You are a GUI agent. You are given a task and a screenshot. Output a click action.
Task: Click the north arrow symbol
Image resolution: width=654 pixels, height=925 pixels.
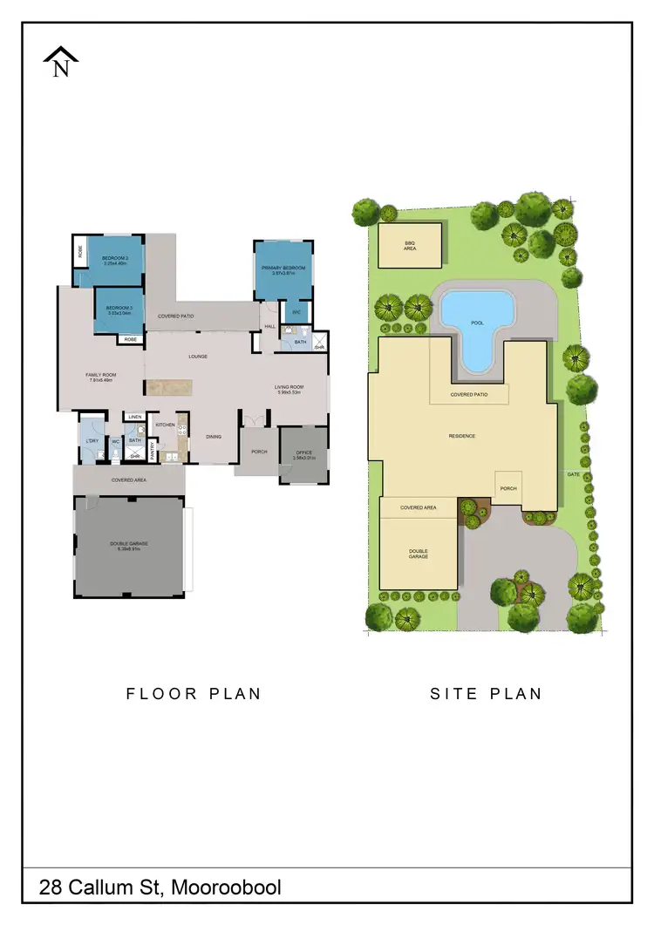click(61, 63)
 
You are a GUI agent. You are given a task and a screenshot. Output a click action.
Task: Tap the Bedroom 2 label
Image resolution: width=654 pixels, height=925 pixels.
click(115, 258)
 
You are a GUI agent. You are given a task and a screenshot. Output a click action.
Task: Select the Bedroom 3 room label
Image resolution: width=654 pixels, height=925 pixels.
click(119, 308)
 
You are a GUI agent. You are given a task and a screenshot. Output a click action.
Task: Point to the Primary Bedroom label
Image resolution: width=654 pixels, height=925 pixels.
click(283, 268)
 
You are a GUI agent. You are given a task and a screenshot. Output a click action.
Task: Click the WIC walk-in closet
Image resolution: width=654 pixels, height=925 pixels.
click(296, 311)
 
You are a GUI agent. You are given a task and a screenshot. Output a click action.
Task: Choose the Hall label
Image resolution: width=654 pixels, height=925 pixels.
click(269, 327)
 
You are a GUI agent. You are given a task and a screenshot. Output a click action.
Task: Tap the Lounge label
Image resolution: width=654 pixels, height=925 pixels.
click(197, 357)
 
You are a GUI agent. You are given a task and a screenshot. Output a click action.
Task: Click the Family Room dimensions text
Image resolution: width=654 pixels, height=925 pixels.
click(102, 380)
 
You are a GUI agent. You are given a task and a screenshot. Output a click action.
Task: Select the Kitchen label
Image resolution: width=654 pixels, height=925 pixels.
click(166, 425)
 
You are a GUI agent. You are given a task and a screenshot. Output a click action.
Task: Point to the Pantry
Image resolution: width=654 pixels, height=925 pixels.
click(153, 450)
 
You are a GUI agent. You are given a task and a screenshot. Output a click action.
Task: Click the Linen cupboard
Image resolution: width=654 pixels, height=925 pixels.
click(134, 418)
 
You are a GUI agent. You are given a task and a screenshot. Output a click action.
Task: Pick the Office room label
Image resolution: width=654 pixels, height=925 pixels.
click(303, 452)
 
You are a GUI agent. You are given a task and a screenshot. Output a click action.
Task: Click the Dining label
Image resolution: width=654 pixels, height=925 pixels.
click(214, 436)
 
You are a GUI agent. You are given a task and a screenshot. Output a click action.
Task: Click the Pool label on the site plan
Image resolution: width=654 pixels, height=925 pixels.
click(477, 323)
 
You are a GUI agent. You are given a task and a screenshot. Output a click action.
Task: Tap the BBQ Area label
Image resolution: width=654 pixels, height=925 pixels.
click(410, 246)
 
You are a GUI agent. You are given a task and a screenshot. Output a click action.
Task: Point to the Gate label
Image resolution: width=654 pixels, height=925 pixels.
click(573, 474)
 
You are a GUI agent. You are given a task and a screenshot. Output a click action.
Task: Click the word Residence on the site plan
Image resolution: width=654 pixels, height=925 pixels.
click(462, 435)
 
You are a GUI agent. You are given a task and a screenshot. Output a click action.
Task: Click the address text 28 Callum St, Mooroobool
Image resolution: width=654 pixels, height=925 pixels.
click(160, 888)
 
